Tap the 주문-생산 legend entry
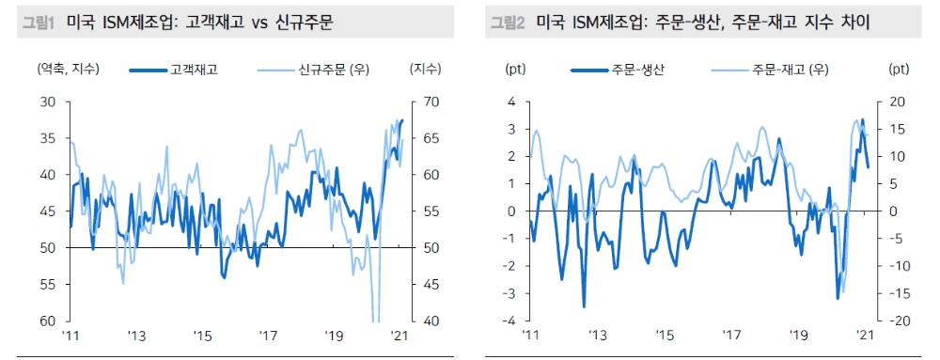637,69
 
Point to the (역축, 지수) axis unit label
67,69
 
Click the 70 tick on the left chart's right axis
421,102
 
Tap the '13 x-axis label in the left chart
137,337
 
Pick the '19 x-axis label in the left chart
336,337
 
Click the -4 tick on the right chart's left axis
510,321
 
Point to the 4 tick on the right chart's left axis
513,102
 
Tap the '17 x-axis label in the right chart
730,337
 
